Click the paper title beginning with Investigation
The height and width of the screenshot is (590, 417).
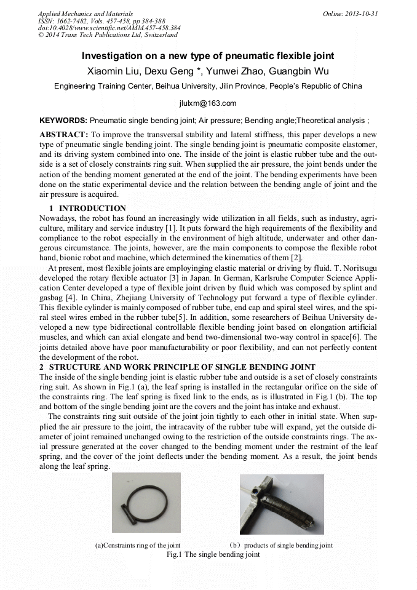click(208, 56)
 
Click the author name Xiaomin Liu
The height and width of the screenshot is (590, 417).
click(112, 71)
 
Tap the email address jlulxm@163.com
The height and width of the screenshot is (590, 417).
click(208, 103)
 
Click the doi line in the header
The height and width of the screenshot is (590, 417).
click(109, 28)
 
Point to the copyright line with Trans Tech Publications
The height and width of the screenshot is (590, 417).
click(107, 35)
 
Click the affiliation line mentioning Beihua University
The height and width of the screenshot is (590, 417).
click(208, 86)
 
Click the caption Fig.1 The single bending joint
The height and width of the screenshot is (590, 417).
click(213, 554)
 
